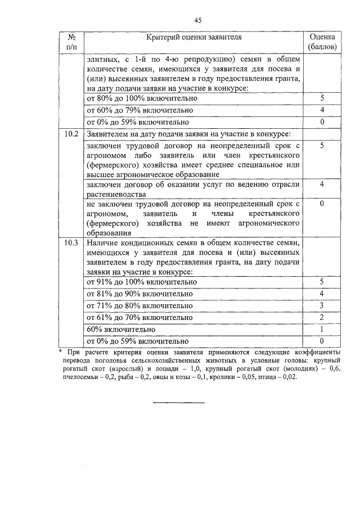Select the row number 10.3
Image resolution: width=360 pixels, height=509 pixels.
[71, 244]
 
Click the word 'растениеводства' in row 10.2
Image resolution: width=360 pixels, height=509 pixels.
[115, 193]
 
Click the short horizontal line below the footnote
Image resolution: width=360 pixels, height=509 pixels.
[179, 402]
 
